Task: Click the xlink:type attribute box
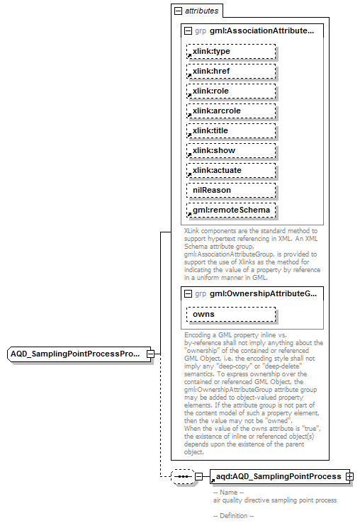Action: coord(230,52)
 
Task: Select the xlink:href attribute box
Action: coord(230,72)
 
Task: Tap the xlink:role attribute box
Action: coord(230,91)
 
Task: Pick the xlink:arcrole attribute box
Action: coord(230,111)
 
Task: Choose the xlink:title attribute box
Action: coord(230,131)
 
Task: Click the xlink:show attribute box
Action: coord(230,151)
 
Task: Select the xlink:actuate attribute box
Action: coord(230,171)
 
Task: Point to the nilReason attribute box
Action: coord(230,191)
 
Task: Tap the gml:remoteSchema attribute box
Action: coord(230,210)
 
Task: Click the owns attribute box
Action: coord(230,314)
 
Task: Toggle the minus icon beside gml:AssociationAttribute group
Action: coord(187,31)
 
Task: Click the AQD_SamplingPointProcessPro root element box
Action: coord(77,353)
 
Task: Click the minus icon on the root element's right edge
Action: coord(150,353)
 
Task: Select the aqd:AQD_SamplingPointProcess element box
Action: coord(277,477)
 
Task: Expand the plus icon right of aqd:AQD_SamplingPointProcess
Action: coord(349,477)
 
